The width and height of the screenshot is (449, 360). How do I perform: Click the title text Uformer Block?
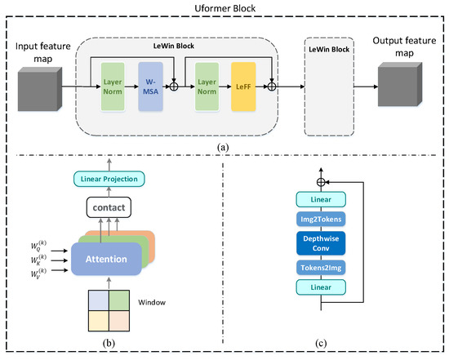click(x=224, y=7)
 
